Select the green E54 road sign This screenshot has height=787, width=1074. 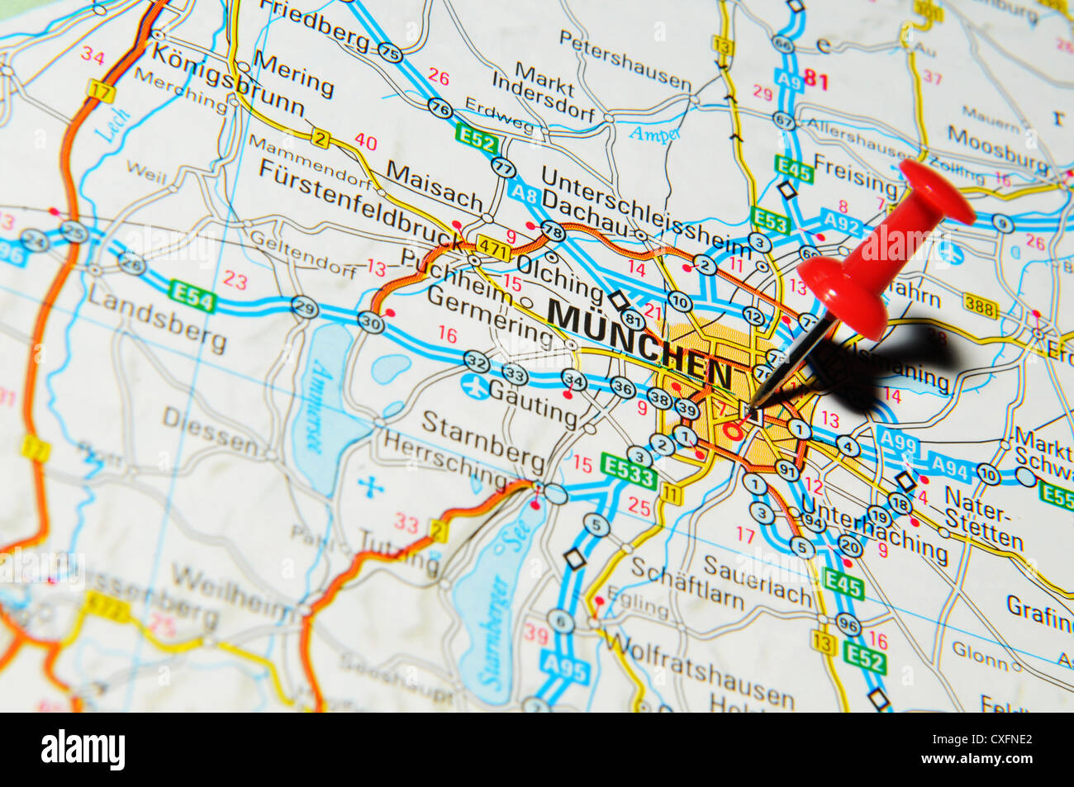click(191, 296)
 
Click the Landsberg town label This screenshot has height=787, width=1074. click(157, 320)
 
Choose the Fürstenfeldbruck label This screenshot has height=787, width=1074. click(360, 205)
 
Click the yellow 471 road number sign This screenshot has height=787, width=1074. click(493, 247)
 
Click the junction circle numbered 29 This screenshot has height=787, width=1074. click(305, 306)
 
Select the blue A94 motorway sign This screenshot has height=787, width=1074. click(948, 468)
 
